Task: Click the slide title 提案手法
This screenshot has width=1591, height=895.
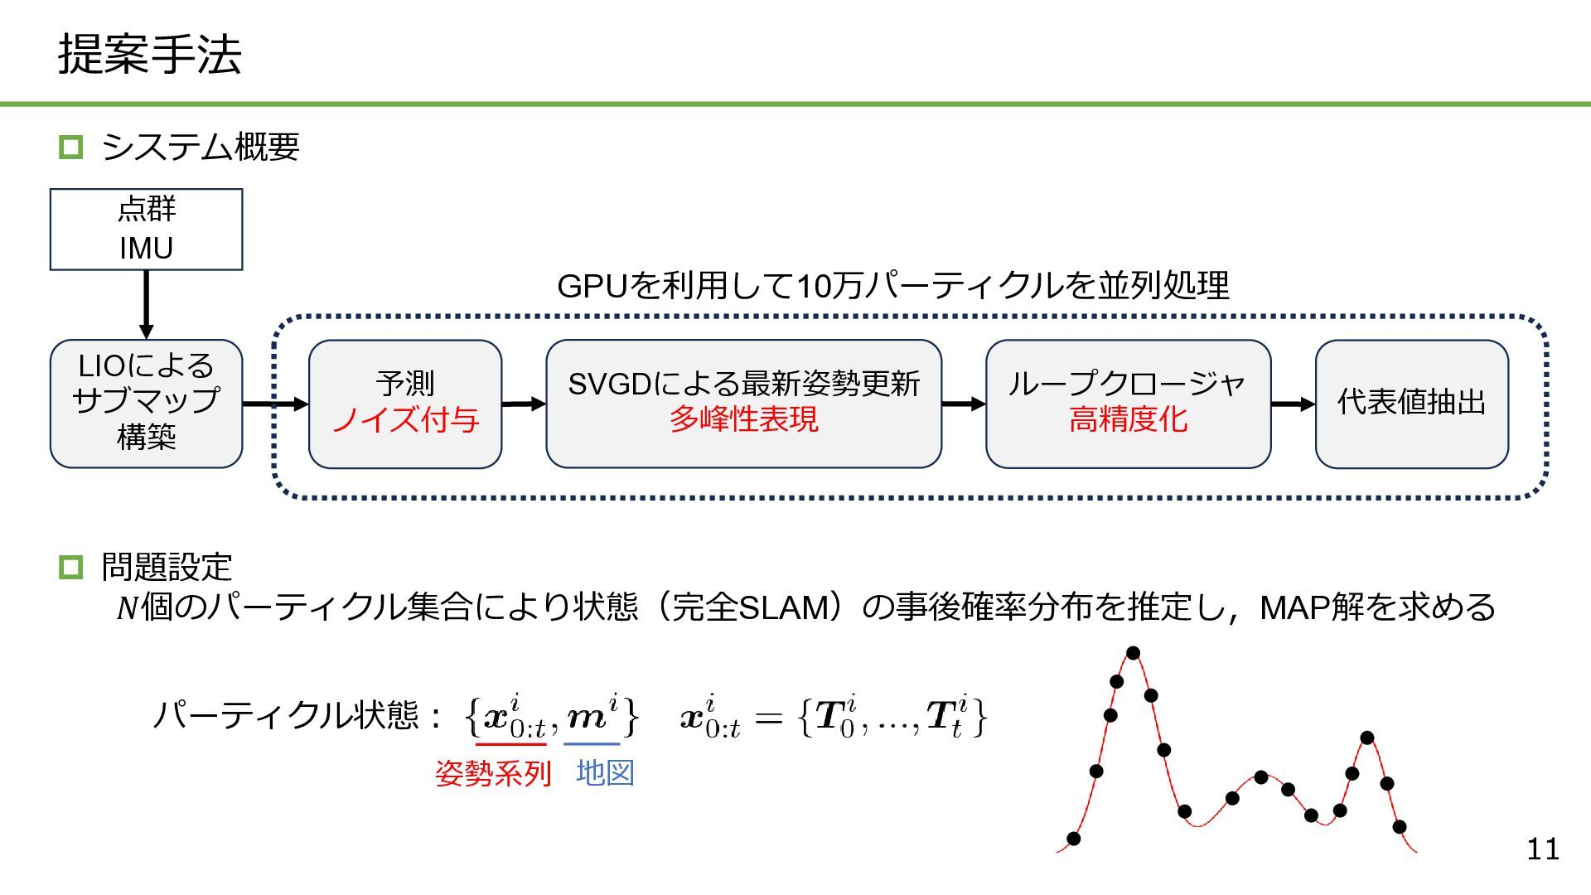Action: point(149,55)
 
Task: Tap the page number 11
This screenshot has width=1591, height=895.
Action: point(1542,849)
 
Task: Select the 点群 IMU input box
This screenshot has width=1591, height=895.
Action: point(146,229)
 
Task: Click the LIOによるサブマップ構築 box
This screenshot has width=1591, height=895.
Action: point(146,403)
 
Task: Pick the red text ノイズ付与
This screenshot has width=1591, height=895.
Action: point(405,420)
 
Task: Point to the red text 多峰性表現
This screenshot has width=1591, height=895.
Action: point(743,419)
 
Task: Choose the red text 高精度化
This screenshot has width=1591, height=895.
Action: point(1128,419)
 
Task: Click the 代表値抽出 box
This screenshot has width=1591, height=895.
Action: point(1411,403)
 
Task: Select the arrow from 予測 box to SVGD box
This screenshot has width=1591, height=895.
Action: point(524,404)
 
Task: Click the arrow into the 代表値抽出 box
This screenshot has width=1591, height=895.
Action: point(1293,404)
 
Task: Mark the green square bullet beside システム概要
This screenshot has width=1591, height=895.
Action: point(71,148)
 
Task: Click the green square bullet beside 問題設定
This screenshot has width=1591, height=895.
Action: point(71,568)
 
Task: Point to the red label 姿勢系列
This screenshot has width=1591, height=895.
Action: point(493,773)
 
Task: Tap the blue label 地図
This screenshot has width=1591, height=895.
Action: point(605,772)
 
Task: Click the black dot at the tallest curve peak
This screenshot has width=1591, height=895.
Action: point(1133,653)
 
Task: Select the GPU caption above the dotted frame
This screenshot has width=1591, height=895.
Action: point(892,286)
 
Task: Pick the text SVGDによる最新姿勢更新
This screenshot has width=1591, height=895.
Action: point(743,384)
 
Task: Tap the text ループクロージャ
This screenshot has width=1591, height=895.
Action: point(1127,384)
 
